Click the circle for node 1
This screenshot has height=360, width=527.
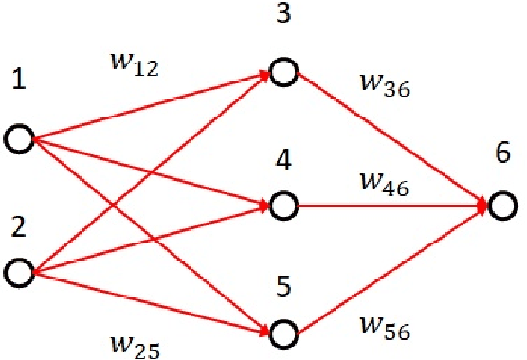tap(19, 139)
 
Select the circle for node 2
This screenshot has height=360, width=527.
tap(19, 275)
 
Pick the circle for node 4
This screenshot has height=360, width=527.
tap(282, 204)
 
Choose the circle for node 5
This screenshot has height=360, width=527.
tap(282, 333)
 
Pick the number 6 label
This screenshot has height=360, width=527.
tap(505, 153)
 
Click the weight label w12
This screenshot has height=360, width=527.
tap(139, 67)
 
